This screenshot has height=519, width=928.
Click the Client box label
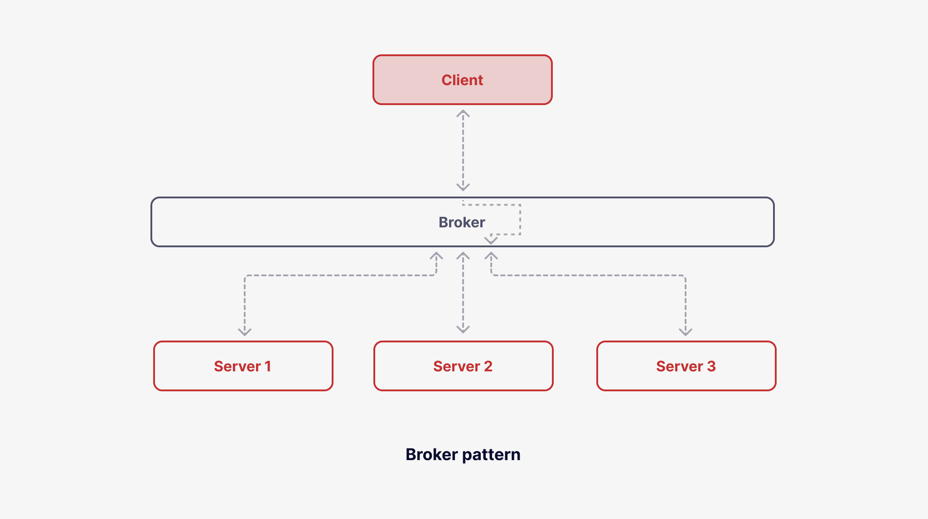point(462,80)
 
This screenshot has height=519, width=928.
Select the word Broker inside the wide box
point(461,222)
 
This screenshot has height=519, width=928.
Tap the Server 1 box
point(243,366)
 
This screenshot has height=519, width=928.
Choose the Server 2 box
point(463,366)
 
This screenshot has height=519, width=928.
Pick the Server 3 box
point(686,366)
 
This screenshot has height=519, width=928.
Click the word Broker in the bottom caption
point(431,454)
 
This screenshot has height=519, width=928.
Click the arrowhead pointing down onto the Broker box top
point(463,187)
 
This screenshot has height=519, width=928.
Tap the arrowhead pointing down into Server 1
point(245,332)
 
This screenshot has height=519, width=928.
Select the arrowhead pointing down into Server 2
point(463,329)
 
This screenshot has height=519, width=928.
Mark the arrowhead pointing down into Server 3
point(686,332)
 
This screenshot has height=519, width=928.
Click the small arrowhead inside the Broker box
point(491,240)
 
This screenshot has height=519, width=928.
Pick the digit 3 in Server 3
point(711,366)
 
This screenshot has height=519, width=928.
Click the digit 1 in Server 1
point(268,366)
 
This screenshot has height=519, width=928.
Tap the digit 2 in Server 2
point(488,366)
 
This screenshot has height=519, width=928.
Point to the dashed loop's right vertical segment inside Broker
point(520,220)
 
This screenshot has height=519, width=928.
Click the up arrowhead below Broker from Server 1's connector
point(436,256)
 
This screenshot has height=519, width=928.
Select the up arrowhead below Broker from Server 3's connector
point(491,256)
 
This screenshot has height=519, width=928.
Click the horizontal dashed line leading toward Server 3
point(589,275)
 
